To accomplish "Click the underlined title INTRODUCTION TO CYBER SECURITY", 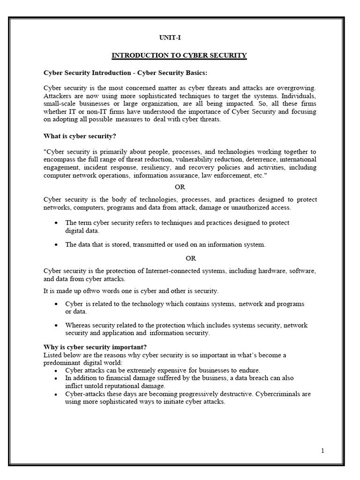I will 179,55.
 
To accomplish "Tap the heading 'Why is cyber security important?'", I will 95,347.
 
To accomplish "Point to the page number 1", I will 323,451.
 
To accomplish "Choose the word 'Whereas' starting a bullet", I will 78,325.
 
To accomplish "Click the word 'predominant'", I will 62,362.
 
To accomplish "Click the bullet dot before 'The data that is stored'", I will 56,245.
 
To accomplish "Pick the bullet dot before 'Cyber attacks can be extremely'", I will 56,370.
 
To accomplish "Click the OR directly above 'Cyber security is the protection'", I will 191,258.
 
